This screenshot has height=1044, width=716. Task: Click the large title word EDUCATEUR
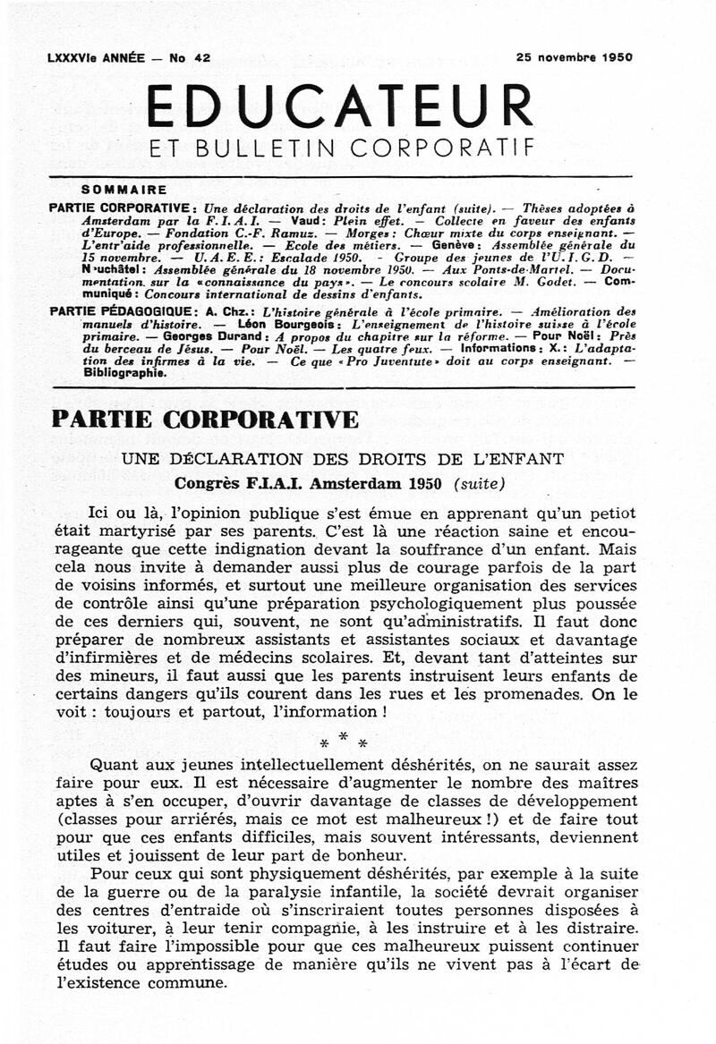tap(339, 106)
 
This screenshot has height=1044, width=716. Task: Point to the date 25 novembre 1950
tap(574, 57)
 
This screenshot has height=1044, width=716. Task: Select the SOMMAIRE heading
tap(124, 190)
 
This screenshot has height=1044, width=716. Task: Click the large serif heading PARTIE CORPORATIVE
tap(206, 420)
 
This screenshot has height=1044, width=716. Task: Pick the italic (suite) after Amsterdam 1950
tap(479, 484)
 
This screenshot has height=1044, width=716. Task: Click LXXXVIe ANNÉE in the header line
tap(95, 57)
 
